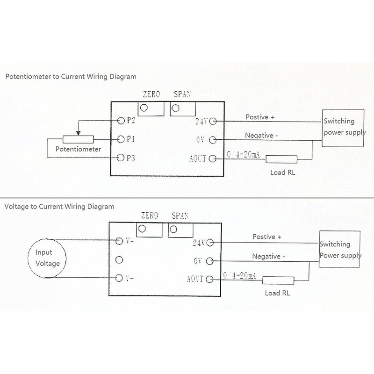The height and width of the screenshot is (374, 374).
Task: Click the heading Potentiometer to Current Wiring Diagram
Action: tap(71, 76)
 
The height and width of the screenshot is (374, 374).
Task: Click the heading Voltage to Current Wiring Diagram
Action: tap(59, 206)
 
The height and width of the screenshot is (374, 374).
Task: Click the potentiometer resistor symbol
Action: tap(78, 139)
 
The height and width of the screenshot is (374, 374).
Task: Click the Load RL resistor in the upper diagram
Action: tap(281, 159)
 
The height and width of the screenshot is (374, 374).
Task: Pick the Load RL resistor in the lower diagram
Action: tap(278, 281)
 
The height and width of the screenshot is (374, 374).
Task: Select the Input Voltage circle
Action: tap(48, 259)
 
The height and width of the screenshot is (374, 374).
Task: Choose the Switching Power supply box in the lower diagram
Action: tap(340, 250)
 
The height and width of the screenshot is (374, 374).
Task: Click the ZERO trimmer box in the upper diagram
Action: tap(150, 108)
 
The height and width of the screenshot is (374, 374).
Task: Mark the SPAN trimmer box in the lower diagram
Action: tap(180, 230)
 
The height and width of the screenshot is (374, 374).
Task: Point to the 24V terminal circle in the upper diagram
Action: tap(213, 121)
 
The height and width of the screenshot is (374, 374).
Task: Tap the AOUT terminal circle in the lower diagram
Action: tap(209, 279)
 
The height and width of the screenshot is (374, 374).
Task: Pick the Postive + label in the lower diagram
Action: tap(267, 237)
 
